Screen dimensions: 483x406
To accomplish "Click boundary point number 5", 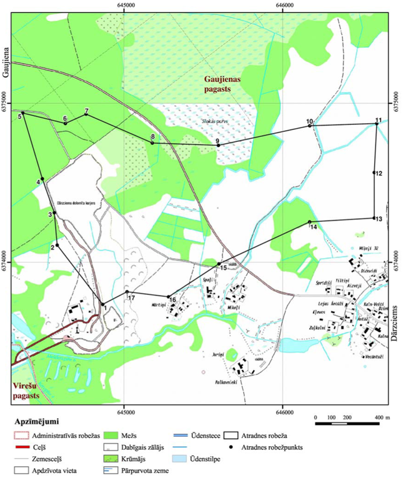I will (x=23, y=113).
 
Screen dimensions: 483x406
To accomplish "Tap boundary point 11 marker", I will (x=377, y=124).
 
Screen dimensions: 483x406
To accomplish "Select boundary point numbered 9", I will (x=218, y=145).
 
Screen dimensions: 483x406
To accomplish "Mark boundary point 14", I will (x=309, y=222).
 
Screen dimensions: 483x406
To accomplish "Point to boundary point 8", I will (x=152, y=142).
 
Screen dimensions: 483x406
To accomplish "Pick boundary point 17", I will (x=127, y=292).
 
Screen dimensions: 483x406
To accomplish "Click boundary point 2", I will (x=57, y=244).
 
